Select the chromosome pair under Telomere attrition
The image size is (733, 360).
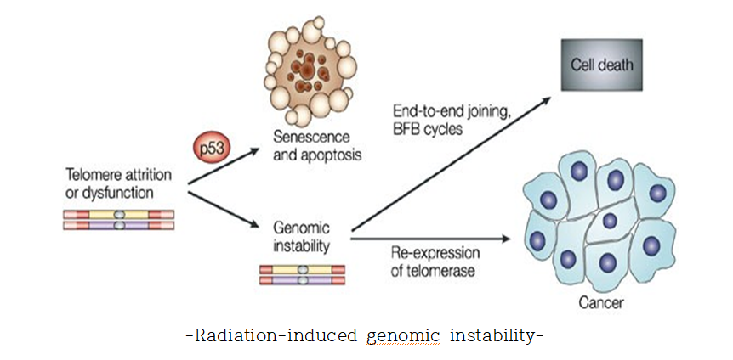point(119,220)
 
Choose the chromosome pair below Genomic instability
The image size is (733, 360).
point(302,273)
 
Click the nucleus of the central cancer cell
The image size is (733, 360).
point(609,221)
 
